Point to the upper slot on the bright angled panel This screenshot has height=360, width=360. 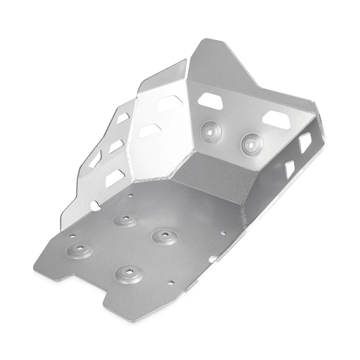[167, 104]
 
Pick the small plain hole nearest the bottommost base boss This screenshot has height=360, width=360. [172, 282]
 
